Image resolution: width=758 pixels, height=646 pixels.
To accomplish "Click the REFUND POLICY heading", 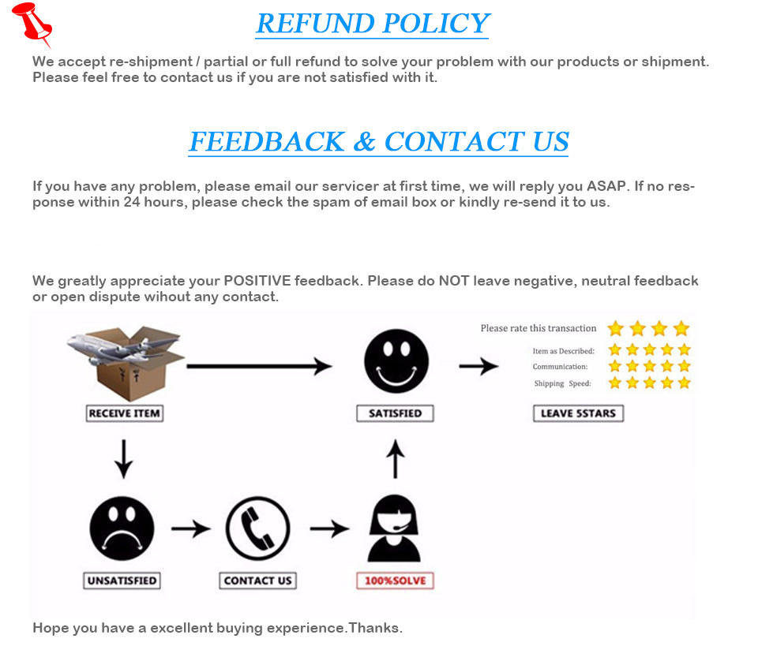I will (373, 24).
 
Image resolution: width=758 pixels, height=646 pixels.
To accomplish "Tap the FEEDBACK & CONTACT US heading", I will (378, 142).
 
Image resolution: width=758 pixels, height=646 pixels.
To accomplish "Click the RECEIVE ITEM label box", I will (125, 413).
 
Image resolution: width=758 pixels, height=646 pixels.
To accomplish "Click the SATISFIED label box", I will (395, 413).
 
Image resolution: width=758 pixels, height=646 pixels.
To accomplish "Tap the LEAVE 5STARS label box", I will (578, 413).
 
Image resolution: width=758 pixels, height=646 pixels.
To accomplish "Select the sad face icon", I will (122, 528).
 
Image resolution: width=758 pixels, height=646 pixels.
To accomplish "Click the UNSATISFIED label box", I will (122, 581).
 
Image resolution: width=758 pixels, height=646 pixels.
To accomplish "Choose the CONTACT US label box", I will (257, 581).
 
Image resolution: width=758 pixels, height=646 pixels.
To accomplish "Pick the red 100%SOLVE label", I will (395, 581).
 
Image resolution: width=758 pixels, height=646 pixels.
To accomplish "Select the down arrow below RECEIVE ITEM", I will (123, 460).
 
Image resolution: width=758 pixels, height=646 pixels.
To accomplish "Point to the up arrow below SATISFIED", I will (396, 460).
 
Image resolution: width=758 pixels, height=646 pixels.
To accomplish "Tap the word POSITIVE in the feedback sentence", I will (257, 281).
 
